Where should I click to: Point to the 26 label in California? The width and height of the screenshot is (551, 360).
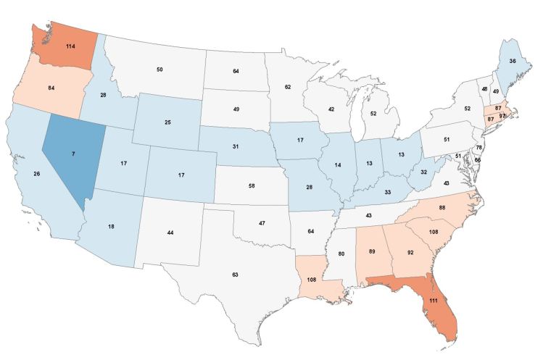pos(36,174)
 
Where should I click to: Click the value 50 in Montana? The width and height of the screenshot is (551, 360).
pos(159,69)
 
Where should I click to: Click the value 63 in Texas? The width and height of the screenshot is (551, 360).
pos(234,275)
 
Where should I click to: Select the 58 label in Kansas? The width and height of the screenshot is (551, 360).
pos(252,186)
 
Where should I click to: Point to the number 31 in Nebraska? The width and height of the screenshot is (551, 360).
pos(236,147)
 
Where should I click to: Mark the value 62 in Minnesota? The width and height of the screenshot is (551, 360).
pos(287,87)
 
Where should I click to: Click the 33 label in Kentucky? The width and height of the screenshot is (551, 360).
pos(387,192)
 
